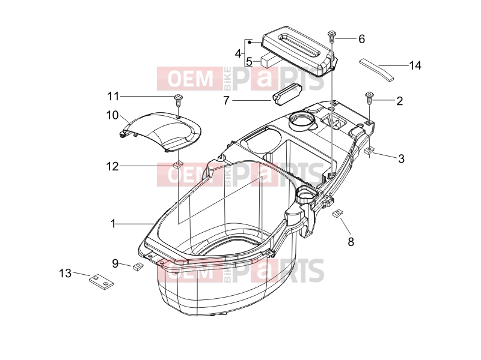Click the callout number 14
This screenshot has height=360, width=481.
[x=415, y=65]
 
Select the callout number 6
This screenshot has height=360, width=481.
[x=362, y=39]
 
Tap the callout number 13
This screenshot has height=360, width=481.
[x=65, y=273]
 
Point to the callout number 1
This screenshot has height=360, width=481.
[x=113, y=224]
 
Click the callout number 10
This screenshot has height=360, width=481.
[x=112, y=115]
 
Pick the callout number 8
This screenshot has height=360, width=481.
[x=351, y=242]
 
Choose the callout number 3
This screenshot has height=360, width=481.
[x=401, y=158]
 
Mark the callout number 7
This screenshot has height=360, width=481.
[x=226, y=100]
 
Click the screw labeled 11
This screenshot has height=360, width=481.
[x=178, y=100]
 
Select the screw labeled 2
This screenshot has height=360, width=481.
[x=369, y=98]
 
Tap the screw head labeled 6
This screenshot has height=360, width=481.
[x=331, y=32]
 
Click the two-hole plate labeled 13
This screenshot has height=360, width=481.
[x=102, y=282]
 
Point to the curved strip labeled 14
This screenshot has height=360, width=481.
[x=377, y=70]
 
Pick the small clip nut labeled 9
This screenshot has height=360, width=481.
[x=138, y=266]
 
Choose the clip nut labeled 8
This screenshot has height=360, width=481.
[x=337, y=213]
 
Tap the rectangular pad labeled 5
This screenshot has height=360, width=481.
[x=270, y=61]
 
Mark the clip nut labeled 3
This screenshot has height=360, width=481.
[x=369, y=151]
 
